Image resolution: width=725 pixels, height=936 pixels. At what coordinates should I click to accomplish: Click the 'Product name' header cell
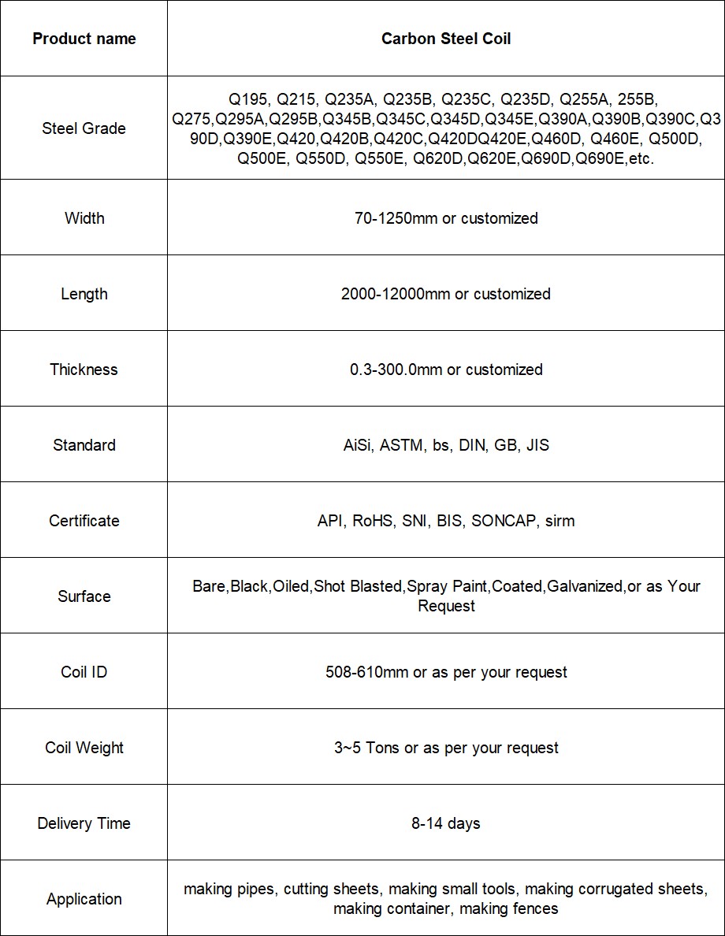click(84, 39)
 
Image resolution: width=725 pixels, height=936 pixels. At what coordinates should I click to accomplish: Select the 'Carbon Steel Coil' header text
click(446, 39)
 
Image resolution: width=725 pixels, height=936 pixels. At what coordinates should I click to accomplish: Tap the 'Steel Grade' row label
click(84, 128)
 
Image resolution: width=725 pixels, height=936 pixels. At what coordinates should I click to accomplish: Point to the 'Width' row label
click(84, 218)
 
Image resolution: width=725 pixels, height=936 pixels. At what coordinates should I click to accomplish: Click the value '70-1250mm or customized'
click(446, 218)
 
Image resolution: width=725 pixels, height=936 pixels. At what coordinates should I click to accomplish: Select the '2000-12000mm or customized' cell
click(446, 294)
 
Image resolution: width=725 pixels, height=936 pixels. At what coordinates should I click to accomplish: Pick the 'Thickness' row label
click(84, 370)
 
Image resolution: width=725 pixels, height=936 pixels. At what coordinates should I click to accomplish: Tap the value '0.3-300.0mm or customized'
click(446, 370)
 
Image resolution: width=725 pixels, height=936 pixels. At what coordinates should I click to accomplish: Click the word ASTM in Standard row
click(402, 445)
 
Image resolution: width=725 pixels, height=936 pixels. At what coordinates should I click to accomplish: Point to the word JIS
click(537, 445)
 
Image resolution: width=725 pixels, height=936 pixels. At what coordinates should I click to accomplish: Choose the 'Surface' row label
click(84, 596)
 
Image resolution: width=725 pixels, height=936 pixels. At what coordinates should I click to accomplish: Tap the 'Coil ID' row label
click(84, 672)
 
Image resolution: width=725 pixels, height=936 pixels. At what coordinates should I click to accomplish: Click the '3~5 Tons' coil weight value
click(366, 748)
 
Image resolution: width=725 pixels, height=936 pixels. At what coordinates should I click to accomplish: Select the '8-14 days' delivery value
click(446, 823)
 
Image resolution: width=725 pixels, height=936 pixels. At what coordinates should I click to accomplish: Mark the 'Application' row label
click(84, 899)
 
